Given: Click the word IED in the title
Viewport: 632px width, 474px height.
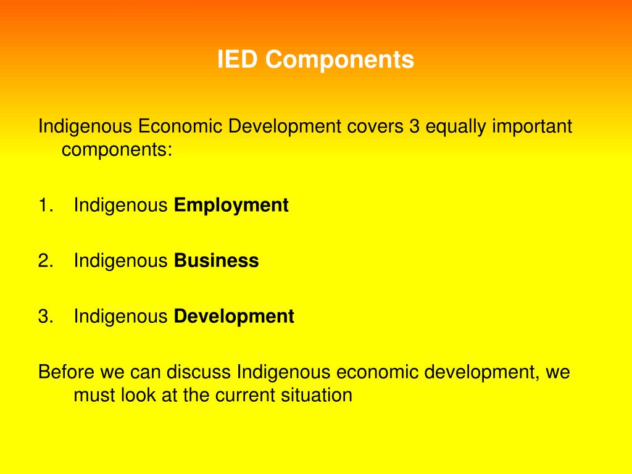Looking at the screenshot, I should (x=239, y=60).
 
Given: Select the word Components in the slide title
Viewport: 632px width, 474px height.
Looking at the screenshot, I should (x=341, y=60).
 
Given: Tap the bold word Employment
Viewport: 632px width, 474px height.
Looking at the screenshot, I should (x=231, y=205).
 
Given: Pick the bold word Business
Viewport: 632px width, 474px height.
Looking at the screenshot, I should (x=217, y=260).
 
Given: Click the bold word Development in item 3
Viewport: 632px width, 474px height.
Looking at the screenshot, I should (x=234, y=317).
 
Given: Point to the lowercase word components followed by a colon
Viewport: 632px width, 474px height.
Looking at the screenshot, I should (x=117, y=150).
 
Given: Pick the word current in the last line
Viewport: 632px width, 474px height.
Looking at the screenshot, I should (x=242, y=395).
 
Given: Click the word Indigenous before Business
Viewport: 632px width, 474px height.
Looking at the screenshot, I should (x=121, y=262).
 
